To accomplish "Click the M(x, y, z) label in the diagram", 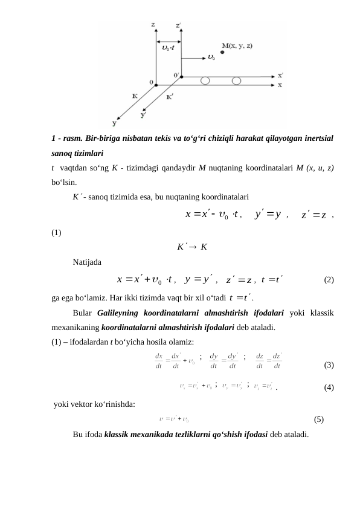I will [x=237, y=45].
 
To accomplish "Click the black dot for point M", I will [x=222, y=53].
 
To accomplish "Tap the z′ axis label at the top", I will [x=178, y=26].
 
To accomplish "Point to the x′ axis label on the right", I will [x=280, y=76].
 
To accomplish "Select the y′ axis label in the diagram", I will [x=143, y=113].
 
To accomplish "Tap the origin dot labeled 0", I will [x=156, y=85].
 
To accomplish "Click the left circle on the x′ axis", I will [x=206, y=80].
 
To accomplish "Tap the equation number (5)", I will [x=320, y=418].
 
